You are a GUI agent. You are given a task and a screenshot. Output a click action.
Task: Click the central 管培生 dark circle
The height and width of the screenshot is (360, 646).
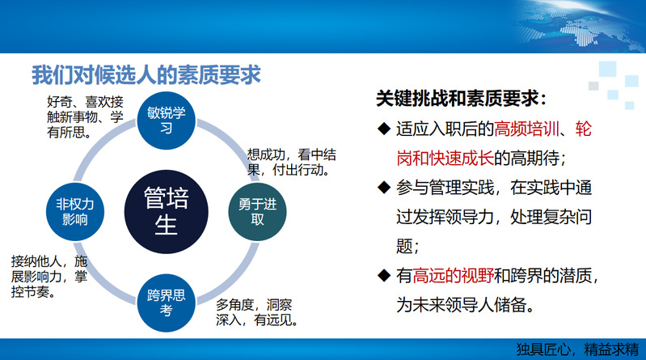click(166, 211)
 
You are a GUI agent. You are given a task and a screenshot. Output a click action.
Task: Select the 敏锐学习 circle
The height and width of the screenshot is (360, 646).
click(166, 121)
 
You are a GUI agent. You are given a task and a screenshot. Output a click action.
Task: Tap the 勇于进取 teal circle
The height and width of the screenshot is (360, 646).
click(257, 211)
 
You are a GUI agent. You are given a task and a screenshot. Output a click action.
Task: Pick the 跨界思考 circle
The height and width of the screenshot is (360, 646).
click(166, 303)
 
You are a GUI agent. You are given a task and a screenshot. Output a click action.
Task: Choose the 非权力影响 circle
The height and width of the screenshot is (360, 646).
click(75, 211)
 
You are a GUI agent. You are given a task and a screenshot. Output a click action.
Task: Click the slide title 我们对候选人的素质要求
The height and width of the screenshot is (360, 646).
click(146, 75)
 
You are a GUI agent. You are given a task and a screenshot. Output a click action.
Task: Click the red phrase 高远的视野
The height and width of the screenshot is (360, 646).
click(453, 276)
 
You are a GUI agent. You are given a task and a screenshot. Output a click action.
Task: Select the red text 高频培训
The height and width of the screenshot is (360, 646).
click(526, 129)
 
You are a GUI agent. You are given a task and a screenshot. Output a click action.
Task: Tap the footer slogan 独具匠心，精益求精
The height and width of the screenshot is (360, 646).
click(577, 349)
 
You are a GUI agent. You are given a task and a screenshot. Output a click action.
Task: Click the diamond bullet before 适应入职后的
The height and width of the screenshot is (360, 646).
click(383, 129)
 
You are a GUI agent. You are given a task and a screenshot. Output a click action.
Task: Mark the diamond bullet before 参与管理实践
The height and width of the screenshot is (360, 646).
click(383, 188)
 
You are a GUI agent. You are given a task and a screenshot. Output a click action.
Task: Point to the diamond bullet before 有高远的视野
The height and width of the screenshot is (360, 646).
click(383, 275)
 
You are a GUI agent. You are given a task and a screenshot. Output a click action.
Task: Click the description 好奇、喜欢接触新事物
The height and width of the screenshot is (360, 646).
click(85, 117)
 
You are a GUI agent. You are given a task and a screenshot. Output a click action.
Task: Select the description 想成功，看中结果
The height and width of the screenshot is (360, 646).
click(291, 162)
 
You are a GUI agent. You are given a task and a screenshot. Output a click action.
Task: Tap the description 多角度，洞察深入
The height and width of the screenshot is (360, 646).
click(257, 312)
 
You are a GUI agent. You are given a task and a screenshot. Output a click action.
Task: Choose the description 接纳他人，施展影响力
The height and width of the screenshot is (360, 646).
click(49, 277)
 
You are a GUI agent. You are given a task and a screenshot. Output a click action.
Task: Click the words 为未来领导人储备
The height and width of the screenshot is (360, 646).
click(465, 305)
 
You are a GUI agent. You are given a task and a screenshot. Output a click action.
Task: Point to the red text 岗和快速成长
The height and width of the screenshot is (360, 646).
click(445, 158)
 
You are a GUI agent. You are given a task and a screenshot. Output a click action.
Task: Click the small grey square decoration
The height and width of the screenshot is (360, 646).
click(593, 86)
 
